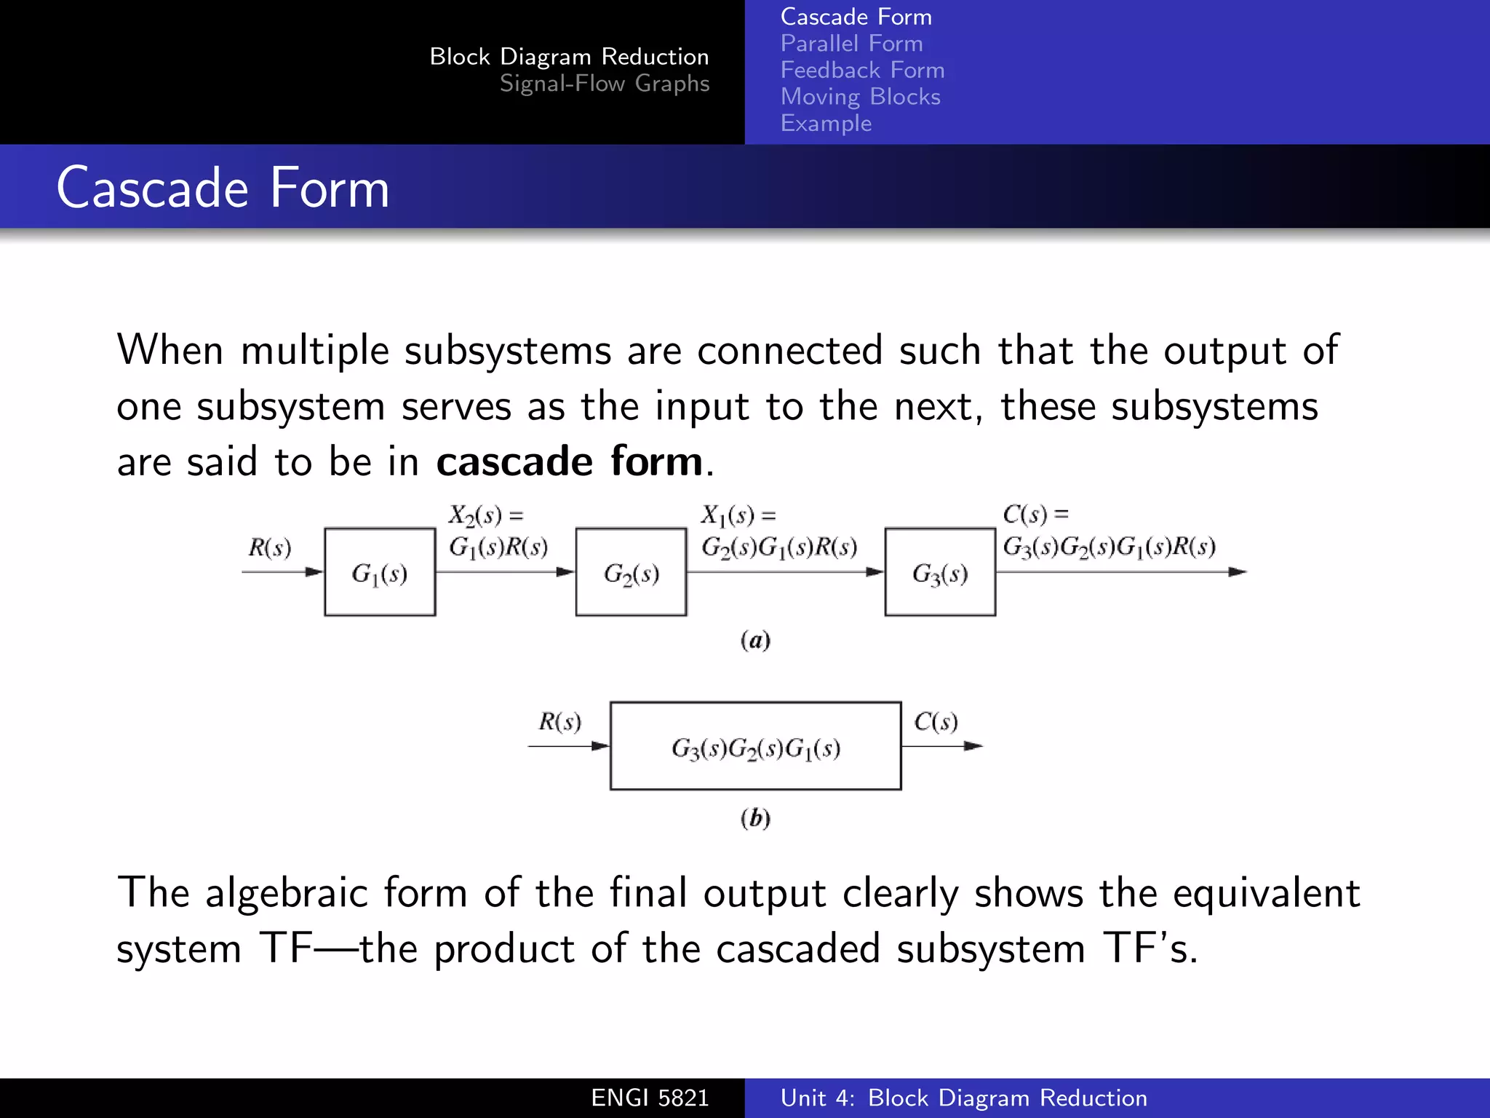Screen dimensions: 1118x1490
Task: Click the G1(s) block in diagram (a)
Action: coord(380,573)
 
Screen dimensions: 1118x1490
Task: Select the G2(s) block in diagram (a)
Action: coord(631,573)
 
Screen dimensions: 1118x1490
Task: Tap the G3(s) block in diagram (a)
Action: coord(940,573)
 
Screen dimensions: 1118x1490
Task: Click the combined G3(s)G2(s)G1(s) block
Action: coord(755,746)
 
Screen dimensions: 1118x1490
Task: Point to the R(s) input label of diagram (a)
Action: coord(269,547)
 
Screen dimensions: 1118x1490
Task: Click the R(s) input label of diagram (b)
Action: coord(559,721)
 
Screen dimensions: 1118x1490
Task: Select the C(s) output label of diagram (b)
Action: coord(936,721)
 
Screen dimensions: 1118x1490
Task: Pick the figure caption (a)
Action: coord(755,641)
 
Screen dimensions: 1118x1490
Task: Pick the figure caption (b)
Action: coord(755,818)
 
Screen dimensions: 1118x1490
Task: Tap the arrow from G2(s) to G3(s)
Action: coord(786,572)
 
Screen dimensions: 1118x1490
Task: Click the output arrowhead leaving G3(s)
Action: coord(1237,572)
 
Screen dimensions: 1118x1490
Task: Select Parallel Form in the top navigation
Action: coord(851,44)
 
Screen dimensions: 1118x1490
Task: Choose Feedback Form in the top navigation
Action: coord(862,70)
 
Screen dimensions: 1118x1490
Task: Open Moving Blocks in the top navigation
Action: coord(860,97)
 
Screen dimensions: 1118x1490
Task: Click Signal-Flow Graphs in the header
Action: coord(604,84)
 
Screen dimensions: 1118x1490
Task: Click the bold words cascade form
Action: coord(569,461)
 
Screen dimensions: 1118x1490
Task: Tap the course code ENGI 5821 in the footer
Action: coord(650,1098)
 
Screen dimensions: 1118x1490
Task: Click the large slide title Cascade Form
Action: coord(223,188)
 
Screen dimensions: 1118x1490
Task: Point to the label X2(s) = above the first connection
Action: coord(485,515)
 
